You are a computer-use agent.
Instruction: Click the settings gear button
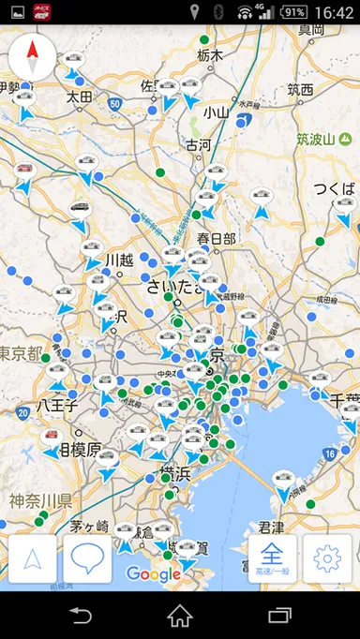(x=327, y=559)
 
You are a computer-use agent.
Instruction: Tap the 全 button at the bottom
(x=273, y=559)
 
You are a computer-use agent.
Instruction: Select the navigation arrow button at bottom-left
(x=33, y=559)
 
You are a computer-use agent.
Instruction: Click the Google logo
(x=153, y=573)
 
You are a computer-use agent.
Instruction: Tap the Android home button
(x=180, y=616)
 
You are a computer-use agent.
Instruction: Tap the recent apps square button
(x=279, y=616)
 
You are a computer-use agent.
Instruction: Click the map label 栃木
(x=210, y=55)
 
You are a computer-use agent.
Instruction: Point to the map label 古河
(x=198, y=145)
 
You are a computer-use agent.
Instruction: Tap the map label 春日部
(x=217, y=239)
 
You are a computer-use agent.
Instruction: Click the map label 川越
(x=120, y=260)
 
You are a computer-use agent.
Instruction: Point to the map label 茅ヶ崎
(x=89, y=525)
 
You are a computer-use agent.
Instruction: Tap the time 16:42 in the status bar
(x=336, y=12)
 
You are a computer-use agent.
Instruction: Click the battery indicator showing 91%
(x=293, y=12)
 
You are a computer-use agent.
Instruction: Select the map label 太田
(x=79, y=97)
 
